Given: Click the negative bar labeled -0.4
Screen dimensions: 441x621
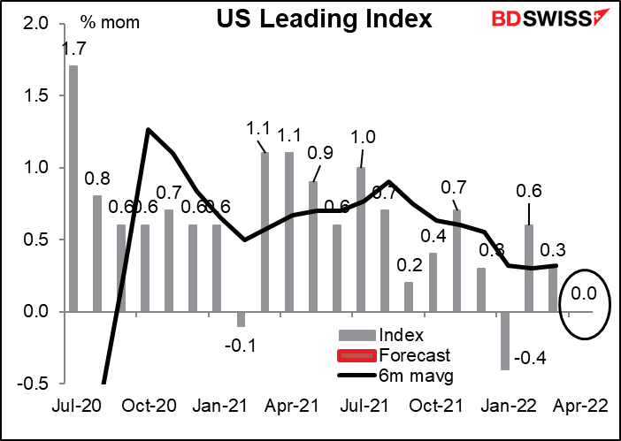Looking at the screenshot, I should click(x=506, y=340).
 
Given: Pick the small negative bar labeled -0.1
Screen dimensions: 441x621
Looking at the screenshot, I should click(x=241, y=319).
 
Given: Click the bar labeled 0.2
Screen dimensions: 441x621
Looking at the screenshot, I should click(x=409, y=297).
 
